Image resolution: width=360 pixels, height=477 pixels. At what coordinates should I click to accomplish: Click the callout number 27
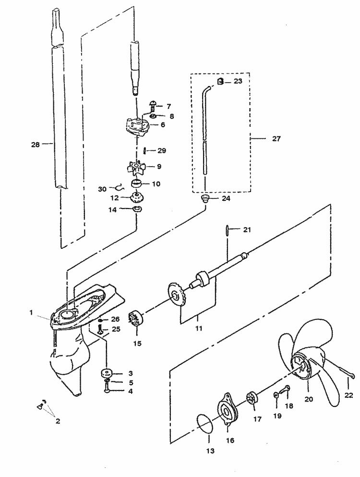click(276, 138)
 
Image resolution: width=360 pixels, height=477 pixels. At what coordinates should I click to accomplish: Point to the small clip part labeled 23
click(220, 81)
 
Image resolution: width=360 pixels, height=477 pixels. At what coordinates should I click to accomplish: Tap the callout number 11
click(198, 329)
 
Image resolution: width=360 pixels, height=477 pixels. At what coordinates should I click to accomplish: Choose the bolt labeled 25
click(100, 329)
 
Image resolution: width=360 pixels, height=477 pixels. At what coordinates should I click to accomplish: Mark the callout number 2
click(57, 421)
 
